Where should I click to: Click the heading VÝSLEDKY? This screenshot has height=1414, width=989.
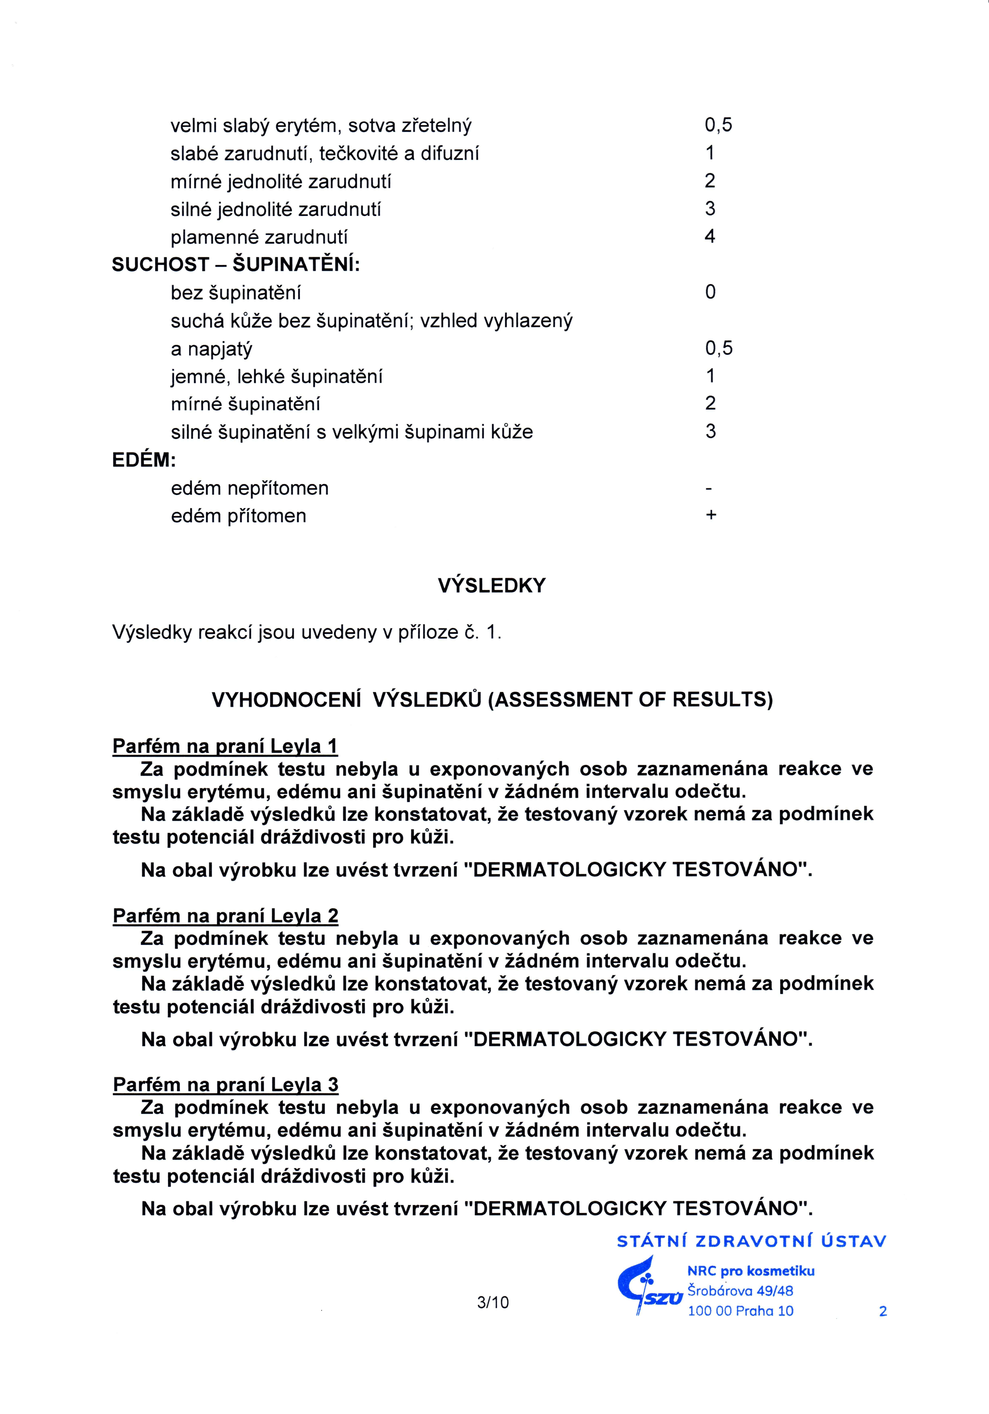click(492, 585)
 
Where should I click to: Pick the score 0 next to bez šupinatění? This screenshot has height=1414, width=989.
click(710, 292)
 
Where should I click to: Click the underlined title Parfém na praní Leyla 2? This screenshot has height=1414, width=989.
click(226, 916)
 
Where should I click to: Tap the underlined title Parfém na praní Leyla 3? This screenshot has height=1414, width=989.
click(226, 1085)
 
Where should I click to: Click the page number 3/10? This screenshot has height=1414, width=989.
click(493, 1302)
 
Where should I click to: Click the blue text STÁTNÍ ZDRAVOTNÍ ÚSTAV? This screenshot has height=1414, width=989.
click(751, 1242)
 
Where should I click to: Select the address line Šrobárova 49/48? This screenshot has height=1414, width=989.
click(740, 1291)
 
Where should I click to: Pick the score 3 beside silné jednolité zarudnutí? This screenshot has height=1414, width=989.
click(710, 209)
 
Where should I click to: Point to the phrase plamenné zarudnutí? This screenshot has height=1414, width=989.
click(259, 237)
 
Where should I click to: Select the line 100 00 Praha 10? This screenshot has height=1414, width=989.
click(740, 1311)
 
